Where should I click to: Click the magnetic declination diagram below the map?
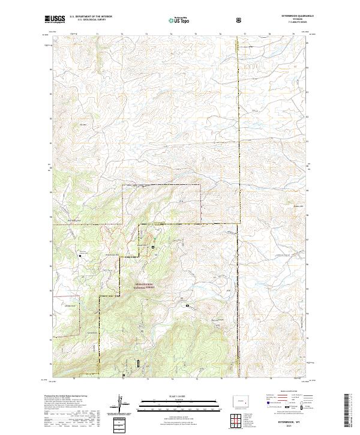122,406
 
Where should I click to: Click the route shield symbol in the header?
240,20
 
